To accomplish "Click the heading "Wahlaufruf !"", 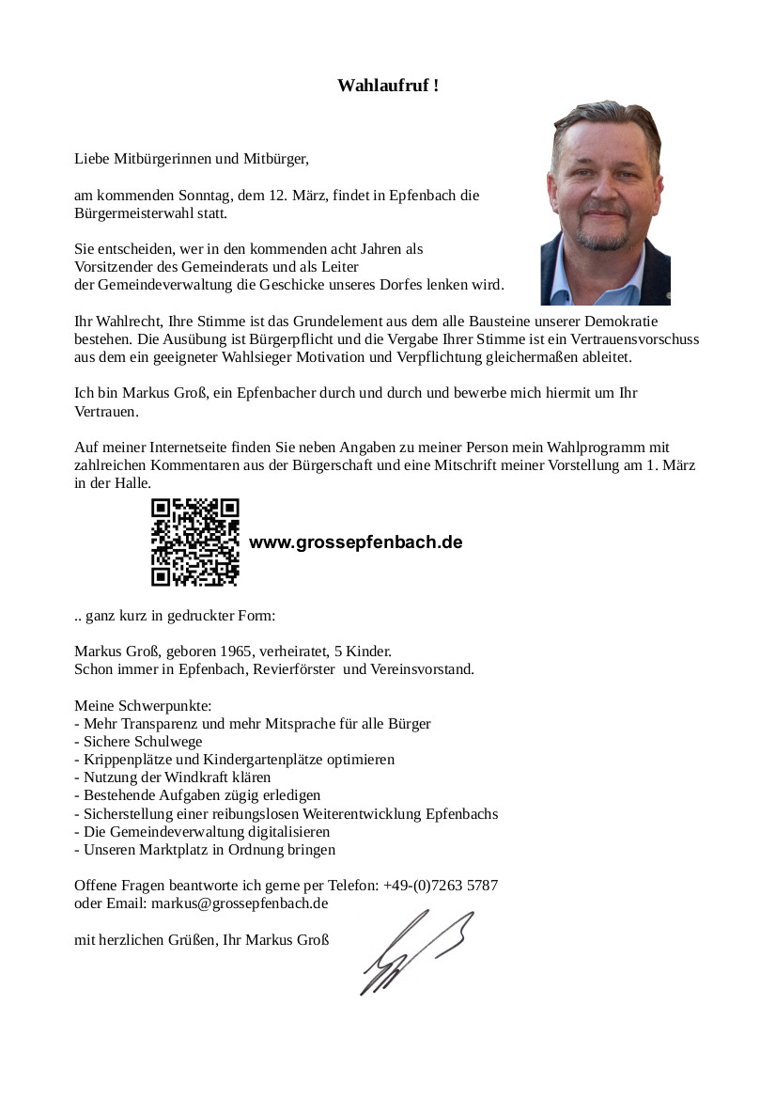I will coord(388,86).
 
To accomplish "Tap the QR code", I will coord(195,542).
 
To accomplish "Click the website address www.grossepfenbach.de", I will coord(355,543).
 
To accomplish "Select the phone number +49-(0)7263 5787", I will coord(441,886).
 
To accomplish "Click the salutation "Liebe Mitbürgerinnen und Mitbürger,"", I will coord(192,159).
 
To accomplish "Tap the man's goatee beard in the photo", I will coord(603,237).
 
